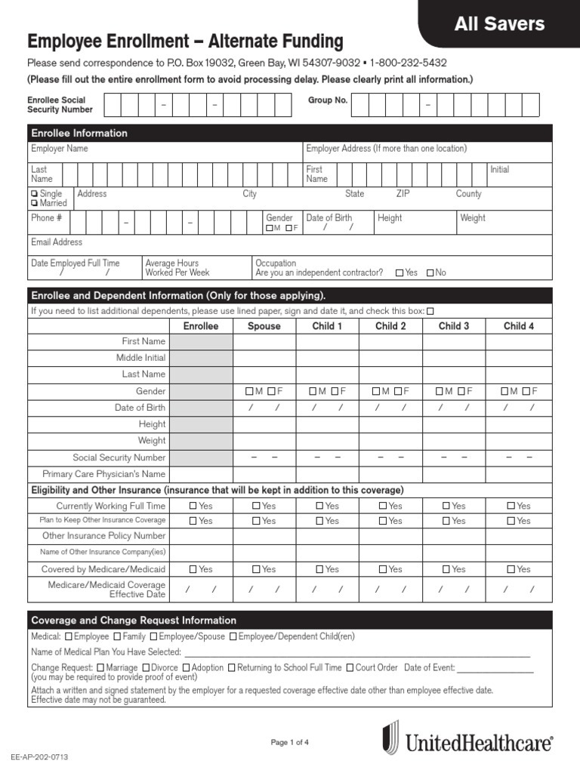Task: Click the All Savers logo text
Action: [x=499, y=24]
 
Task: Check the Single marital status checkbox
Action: [x=35, y=194]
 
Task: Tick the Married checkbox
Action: [x=35, y=203]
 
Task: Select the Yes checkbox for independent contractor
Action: [x=400, y=273]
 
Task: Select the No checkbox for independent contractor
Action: [x=430, y=273]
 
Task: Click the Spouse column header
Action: [x=264, y=326]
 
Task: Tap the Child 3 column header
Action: [x=453, y=326]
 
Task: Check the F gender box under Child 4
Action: [x=526, y=391]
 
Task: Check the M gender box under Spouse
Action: [x=249, y=391]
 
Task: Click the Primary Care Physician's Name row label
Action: [x=103, y=474]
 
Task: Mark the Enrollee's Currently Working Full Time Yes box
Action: [x=193, y=506]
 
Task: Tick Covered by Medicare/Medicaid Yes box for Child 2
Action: [x=384, y=569]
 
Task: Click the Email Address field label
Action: [x=57, y=242]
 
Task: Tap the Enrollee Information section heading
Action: [x=79, y=134]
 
